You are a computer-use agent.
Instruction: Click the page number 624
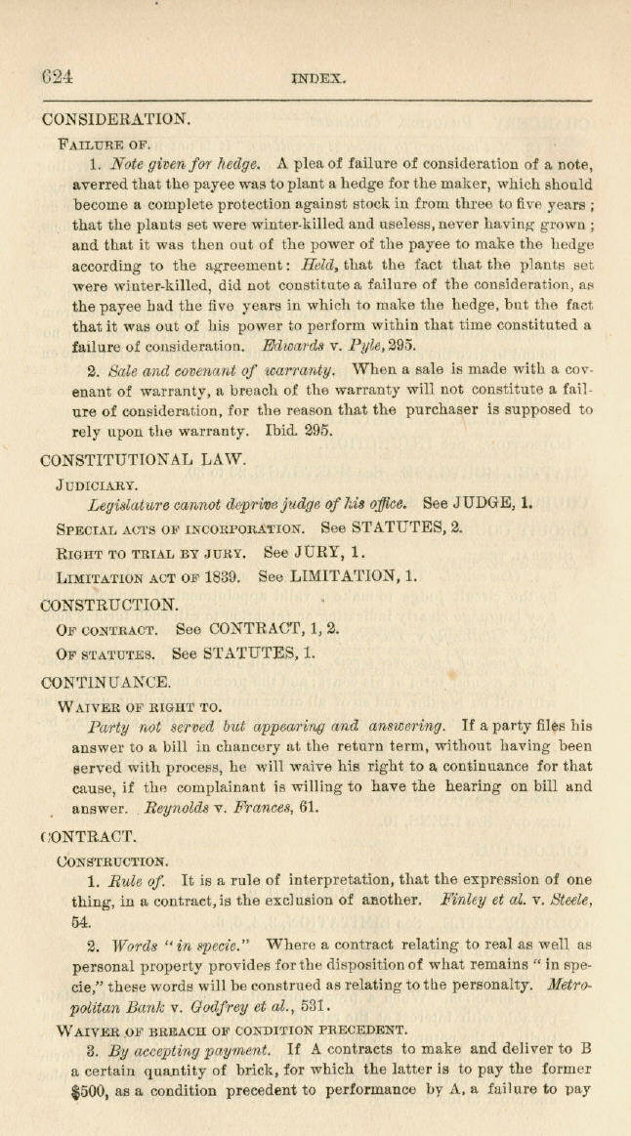[x=58, y=79]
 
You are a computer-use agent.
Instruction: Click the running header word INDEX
[x=319, y=81]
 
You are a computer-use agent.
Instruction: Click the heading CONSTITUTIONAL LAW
[x=143, y=456]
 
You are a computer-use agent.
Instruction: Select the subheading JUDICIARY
[x=98, y=482]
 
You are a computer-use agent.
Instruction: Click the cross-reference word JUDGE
[x=485, y=504]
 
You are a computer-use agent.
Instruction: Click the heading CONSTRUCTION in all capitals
[x=110, y=604]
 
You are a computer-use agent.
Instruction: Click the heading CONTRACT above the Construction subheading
[x=92, y=836]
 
